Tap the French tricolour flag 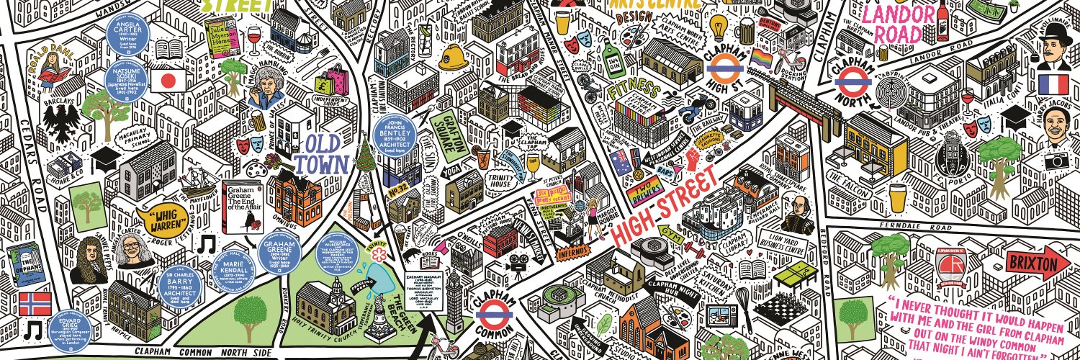(1052, 85)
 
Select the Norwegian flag (32, 302)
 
